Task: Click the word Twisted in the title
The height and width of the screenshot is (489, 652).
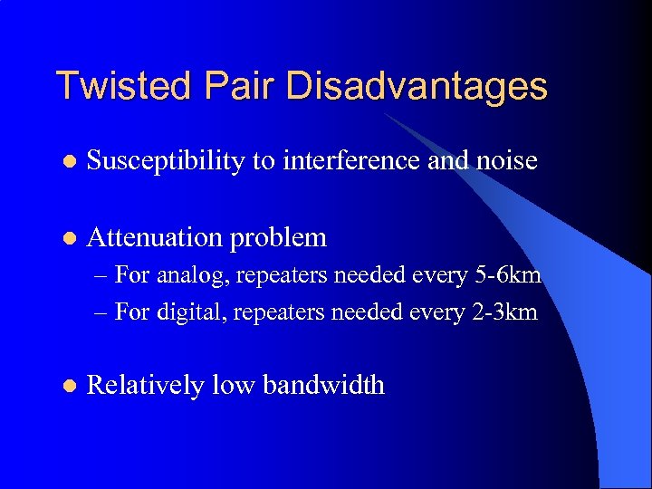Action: pyautogui.click(x=122, y=86)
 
